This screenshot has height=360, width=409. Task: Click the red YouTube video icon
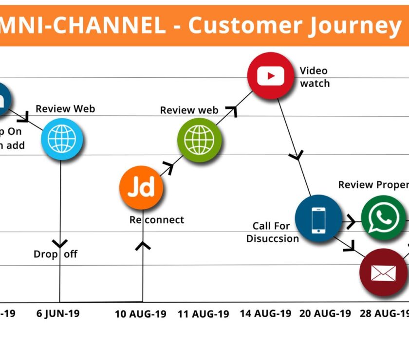pyautogui.click(x=272, y=76)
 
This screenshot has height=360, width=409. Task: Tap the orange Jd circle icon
pyautogui.click(x=141, y=187)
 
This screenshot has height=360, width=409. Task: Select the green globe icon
pyautogui.click(x=199, y=140)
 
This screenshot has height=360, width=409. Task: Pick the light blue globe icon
pyautogui.click(x=62, y=139)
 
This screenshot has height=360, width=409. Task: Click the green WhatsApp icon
pyautogui.click(x=383, y=218)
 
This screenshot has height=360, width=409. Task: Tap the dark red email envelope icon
pyautogui.click(x=383, y=272)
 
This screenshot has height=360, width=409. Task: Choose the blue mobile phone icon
pyautogui.click(x=318, y=219)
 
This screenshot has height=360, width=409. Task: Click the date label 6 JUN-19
pyautogui.click(x=58, y=313)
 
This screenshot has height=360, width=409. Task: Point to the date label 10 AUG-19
pyautogui.click(x=140, y=314)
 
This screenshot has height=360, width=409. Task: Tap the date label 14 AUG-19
pyautogui.click(x=265, y=313)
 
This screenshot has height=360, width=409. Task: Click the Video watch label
pyautogui.click(x=315, y=77)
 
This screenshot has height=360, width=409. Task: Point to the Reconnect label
pyautogui.click(x=157, y=220)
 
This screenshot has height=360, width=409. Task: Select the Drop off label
pyautogui.click(x=56, y=254)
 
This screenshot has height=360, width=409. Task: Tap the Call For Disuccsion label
pyautogui.click(x=272, y=232)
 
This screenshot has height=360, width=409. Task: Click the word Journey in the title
pyautogui.click(x=354, y=25)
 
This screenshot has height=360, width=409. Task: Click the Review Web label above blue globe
pyautogui.click(x=65, y=108)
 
